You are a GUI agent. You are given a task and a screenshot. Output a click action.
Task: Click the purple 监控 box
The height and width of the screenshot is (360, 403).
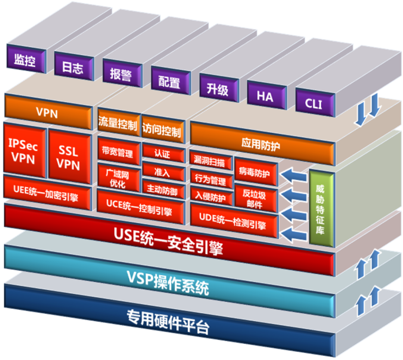25,60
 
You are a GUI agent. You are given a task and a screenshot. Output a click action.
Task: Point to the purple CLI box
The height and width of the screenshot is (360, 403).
314,104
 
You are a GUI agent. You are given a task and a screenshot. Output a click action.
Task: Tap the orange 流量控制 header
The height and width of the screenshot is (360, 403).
118,124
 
